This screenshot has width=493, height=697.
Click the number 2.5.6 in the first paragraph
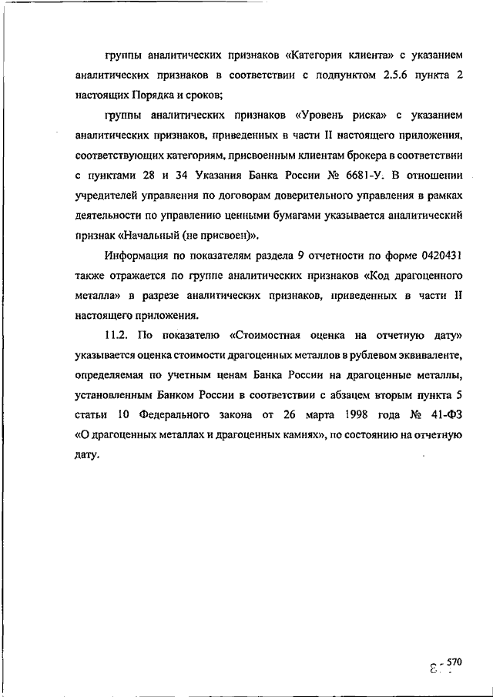395,75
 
